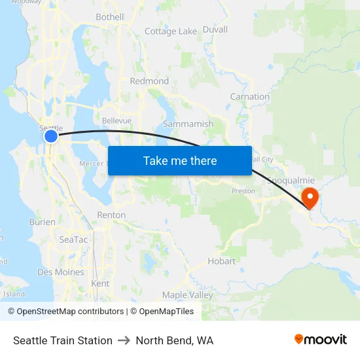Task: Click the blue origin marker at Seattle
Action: pyautogui.click(x=51, y=136)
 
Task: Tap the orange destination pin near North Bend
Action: pyautogui.click(x=308, y=196)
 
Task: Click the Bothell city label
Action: pyautogui.click(x=109, y=16)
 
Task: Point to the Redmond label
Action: pyautogui.click(x=149, y=81)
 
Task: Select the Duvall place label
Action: pyautogui.click(x=215, y=29)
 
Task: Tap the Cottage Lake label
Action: pyautogui.click(x=170, y=31)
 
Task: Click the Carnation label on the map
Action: pyautogui.click(x=249, y=97)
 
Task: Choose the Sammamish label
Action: pyautogui.click(x=188, y=124)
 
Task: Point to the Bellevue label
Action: pyautogui.click(x=117, y=121)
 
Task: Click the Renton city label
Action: pyautogui.click(x=111, y=215)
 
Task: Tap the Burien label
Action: pyautogui.click(x=43, y=222)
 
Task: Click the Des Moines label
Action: pyautogui.click(x=61, y=272)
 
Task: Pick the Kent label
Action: pyautogui.click(x=100, y=283)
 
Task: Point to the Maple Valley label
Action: pyautogui.click(x=188, y=295)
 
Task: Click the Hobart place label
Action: pyautogui.click(x=221, y=261)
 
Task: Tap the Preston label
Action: pyautogui.click(x=243, y=191)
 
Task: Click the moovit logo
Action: pyautogui.click(x=321, y=340)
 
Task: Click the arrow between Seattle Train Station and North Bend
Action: pyautogui.click(x=124, y=340)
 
